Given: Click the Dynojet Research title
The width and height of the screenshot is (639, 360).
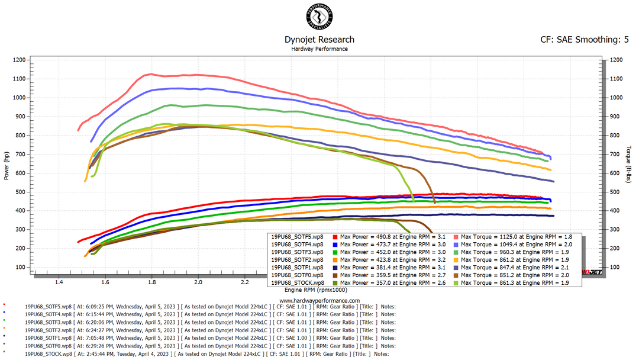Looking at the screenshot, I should (319, 40).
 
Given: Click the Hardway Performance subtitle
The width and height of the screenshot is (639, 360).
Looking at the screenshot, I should (319, 49).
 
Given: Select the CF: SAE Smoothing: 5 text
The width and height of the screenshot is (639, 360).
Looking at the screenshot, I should (585, 40).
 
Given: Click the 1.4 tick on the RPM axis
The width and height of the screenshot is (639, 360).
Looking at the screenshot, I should (59, 283).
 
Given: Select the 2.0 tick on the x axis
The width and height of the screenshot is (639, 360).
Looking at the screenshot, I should (198, 283).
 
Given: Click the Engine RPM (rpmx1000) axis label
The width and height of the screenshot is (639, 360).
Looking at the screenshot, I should (315, 290).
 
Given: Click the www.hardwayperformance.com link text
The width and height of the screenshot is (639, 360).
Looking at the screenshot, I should (319, 300).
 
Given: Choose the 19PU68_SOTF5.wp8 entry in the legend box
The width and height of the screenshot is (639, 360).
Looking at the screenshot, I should (297, 236).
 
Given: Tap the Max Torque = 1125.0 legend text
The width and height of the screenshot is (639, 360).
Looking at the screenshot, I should (495, 236).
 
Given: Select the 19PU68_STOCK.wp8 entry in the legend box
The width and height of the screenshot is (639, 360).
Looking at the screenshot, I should (297, 282).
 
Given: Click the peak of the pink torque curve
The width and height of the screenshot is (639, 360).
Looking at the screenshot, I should (151, 74).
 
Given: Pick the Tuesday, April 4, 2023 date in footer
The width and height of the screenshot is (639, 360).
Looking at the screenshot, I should (137, 353).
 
